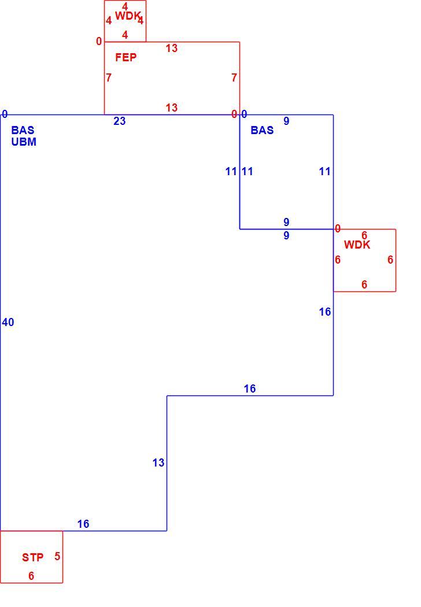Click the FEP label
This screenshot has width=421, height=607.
tap(126, 58)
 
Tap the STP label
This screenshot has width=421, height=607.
tap(32, 557)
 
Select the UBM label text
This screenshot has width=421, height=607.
tap(24, 142)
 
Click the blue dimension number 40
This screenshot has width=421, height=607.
tap(8, 322)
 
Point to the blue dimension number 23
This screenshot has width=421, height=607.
tap(120, 121)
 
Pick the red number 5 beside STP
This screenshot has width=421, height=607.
tap(57, 556)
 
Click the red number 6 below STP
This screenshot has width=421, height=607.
tap(31, 576)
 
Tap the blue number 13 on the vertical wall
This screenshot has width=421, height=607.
tap(158, 462)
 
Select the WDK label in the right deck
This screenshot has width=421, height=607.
tap(357, 245)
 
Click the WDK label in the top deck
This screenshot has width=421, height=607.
tap(128, 16)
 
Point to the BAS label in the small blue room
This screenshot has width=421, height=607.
tap(262, 130)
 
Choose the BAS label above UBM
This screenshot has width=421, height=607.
tap(23, 130)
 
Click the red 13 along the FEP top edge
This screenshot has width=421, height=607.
tap(172, 49)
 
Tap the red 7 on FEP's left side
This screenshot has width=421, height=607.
tap(109, 78)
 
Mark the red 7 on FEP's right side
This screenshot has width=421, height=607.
tap(234, 78)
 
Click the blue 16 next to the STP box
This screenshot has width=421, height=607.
tap(83, 524)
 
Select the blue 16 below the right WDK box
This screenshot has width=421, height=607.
tap(325, 312)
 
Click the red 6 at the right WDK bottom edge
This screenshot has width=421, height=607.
tap(364, 284)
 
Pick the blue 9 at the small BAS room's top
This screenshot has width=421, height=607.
tap(286, 121)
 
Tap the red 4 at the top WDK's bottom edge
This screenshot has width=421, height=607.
tap(125, 35)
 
